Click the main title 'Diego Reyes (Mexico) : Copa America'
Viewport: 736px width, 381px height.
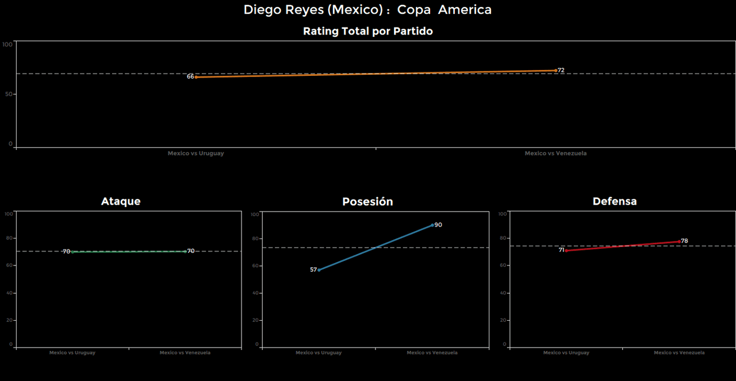(367, 10)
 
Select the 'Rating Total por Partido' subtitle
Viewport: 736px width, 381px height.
(367, 32)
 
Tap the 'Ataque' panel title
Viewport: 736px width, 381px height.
(121, 201)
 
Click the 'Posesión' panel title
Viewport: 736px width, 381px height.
(367, 202)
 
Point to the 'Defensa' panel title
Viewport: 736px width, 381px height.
(615, 201)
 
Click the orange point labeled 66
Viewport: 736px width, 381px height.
(196, 76)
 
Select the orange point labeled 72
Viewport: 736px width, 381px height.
(555, 70)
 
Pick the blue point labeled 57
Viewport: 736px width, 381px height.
(319, 270)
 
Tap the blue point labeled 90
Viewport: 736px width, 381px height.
(432, 225)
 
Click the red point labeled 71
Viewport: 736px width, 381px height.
(566, 251)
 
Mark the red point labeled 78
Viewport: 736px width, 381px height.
(679, 241)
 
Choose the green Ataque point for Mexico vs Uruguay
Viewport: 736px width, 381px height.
(72, 251)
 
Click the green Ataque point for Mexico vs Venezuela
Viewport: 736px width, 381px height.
(185, 251)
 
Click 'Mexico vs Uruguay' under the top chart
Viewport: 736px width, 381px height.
(196, 153)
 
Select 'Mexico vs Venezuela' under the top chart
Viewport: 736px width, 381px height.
(555, 153)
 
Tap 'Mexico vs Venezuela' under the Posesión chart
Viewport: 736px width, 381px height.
(432, 353)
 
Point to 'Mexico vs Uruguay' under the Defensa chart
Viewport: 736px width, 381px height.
(566, 353)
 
